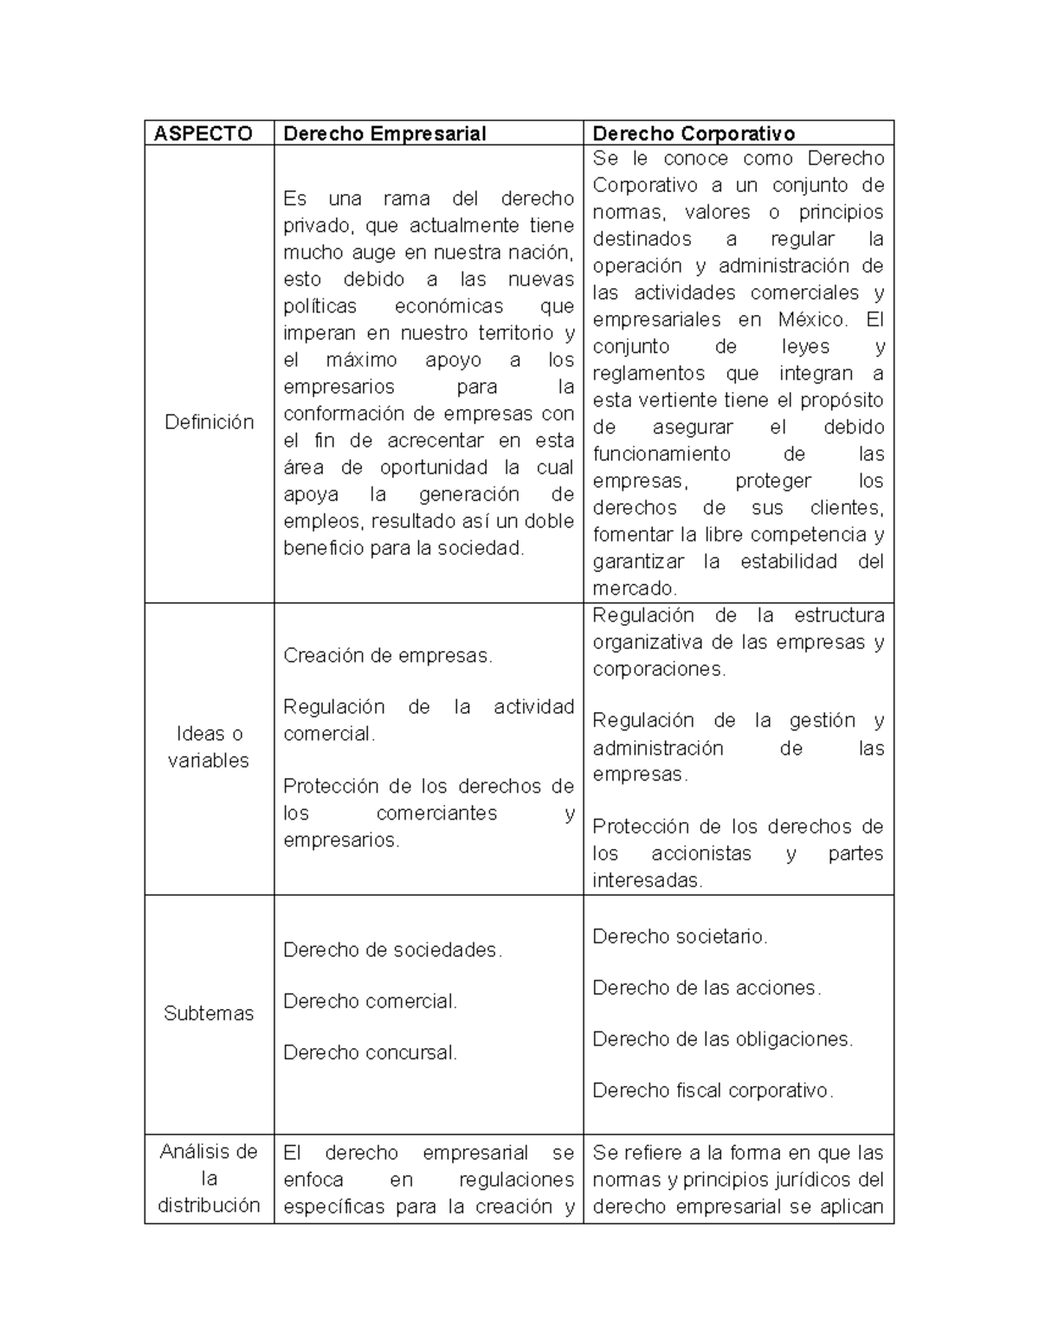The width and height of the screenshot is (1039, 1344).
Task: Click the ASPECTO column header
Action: (203, 133)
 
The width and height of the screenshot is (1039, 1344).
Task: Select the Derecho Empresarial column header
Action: (384, 133)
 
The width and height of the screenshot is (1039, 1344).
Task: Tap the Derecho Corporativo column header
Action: (694, 133)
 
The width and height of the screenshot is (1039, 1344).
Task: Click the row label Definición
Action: (210, 422)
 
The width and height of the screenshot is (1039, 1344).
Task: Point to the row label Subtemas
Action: (209, 1013)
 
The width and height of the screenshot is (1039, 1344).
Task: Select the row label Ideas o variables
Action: (209, 747)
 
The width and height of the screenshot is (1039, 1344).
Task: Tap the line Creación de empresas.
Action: (388, 656)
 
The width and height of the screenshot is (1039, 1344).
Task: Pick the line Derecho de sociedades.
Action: (392, 950)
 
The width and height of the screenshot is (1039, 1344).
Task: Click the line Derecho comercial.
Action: (370, 1001)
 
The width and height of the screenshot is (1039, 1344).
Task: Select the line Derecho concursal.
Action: (370, 1053)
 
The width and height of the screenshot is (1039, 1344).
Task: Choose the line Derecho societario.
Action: (680, 936)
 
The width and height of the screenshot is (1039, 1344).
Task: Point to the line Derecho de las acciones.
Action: (707, 988)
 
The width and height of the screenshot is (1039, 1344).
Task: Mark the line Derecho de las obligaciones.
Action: (722, 1039)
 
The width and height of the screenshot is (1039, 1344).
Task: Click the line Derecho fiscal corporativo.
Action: (713, 1090)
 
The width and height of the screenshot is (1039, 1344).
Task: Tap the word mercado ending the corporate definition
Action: (634, 588)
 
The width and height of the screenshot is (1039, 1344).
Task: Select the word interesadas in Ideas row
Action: (647, 881)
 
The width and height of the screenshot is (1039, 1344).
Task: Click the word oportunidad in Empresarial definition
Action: (434, 467)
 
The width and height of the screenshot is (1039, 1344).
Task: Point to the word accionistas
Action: (701, 854)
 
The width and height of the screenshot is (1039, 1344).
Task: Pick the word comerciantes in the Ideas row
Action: (437, 813)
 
